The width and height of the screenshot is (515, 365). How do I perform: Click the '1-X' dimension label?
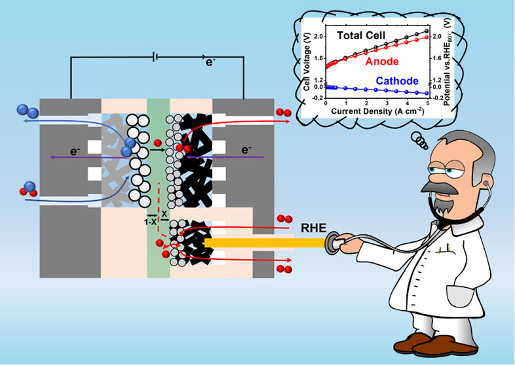coord(149,222)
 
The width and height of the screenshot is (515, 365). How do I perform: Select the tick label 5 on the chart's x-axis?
coord(427,104)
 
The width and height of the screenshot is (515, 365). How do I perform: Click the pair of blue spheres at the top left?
coord(28,111)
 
